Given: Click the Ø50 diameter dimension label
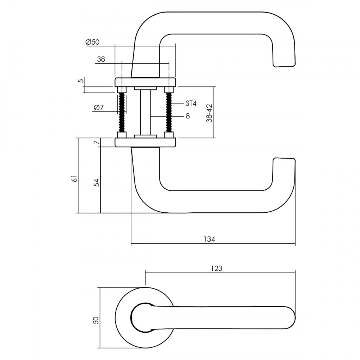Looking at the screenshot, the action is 92,42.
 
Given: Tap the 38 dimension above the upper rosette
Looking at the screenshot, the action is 101,59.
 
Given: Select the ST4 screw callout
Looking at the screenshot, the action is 191,104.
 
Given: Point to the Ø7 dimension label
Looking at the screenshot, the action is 99,107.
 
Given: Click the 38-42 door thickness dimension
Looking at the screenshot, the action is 209,113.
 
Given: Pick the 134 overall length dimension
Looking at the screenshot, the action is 210,239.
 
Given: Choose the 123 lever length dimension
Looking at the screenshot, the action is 216,269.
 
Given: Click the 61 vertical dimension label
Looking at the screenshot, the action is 75,179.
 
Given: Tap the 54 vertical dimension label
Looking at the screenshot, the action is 97,183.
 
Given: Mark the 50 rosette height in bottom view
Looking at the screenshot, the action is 96,320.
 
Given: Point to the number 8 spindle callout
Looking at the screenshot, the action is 188,116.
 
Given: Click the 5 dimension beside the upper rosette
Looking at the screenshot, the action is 81,81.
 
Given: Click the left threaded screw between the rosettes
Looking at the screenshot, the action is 122,112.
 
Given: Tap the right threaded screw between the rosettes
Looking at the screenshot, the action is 169,112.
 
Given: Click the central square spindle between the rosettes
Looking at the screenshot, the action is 145,112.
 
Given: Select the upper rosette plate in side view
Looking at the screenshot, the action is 145,82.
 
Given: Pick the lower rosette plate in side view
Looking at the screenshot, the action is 145,142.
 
